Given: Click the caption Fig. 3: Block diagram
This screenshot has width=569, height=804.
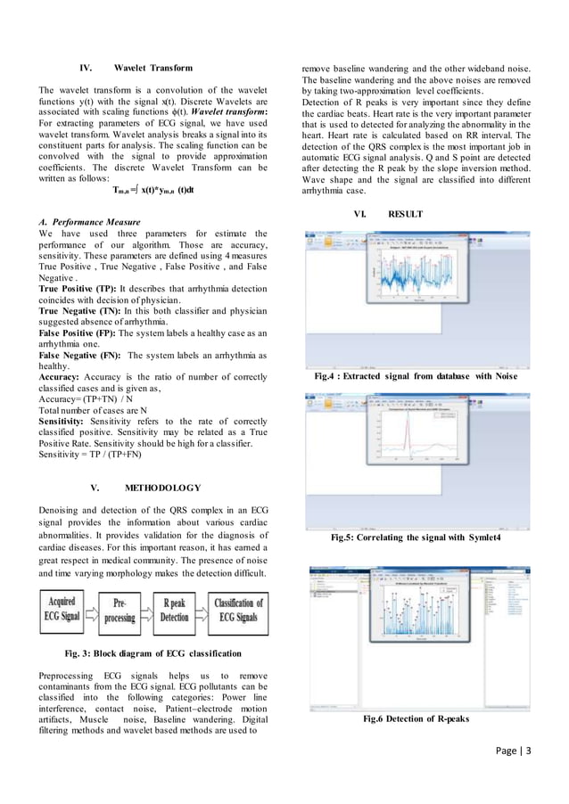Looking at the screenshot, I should pos(153,653).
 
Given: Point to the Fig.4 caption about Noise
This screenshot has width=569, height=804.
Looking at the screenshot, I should pos(416,377).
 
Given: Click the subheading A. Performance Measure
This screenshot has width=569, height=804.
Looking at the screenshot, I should pos(87,219).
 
